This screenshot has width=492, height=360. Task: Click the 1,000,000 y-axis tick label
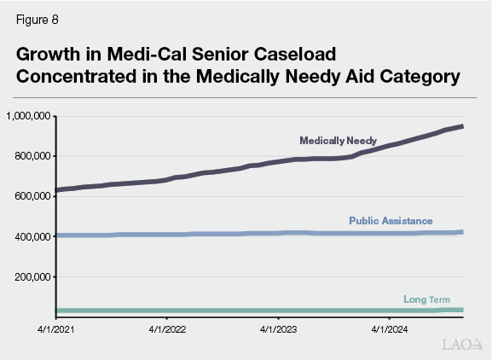tap(28, 115)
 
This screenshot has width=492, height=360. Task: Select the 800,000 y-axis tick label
tap(32, 156)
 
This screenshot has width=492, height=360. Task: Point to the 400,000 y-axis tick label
tap(32, 236)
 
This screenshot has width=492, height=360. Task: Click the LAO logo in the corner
tap(461, 344)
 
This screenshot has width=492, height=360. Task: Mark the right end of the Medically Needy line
tap(462, 126)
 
